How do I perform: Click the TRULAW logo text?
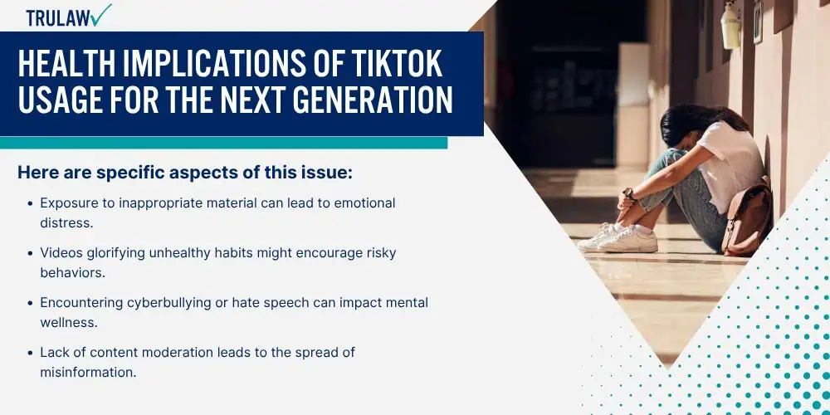(x=58, y=17)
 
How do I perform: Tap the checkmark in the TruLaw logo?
(x=101, y=14)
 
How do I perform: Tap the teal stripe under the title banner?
(x=223, y=143)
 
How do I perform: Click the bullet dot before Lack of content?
(x=30, y=353)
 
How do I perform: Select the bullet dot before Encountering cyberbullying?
(x=30, y=303)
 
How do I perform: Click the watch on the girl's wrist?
(x=627, y=193)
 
